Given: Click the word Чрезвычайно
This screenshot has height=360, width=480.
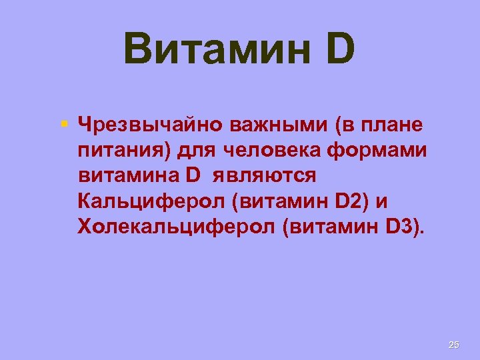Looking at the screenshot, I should (x=151, y=125).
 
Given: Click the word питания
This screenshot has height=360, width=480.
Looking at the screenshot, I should (x=124, y=151).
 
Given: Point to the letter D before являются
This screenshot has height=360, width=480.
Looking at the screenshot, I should (x=193, y=176).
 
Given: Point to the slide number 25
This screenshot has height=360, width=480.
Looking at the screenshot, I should (x=454, y=345).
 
